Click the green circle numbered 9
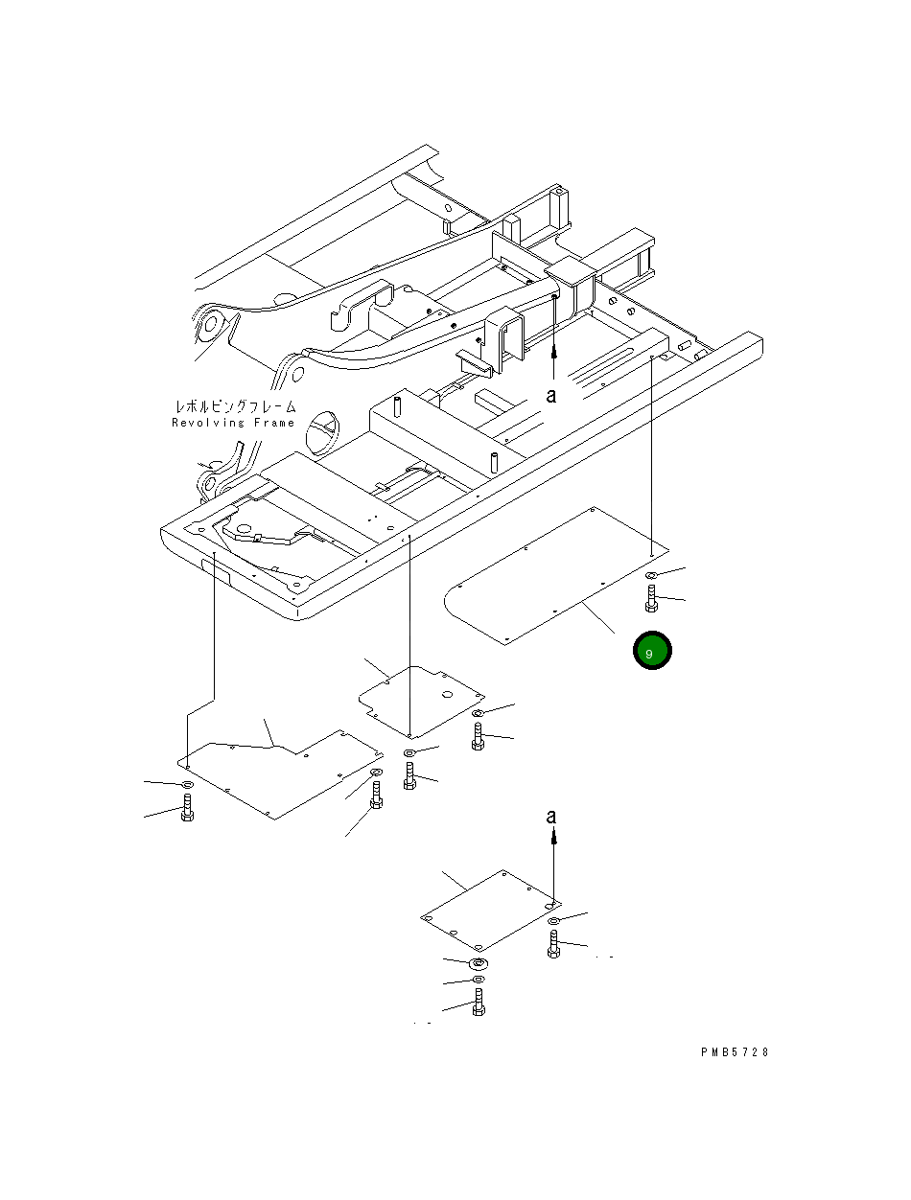[652, 652]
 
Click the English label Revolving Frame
[234, 423]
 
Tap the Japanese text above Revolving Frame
[234, 407]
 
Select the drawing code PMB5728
[735, 1052]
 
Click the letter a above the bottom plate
[551, 817]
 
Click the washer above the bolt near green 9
[651, 575]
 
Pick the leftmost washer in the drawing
[187, 785]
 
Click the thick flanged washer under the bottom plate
[479, 962]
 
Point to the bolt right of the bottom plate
[553, 944]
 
